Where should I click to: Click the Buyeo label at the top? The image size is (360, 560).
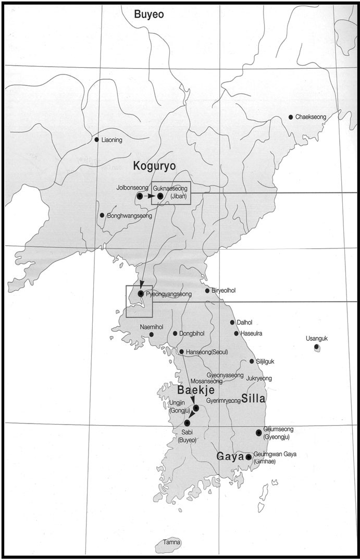click(x=149, y=15)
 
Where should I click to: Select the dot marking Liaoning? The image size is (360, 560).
click(x=96, y=140)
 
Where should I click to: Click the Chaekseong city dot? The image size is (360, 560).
click(x=291, y=117)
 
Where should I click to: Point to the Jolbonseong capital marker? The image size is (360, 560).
click(x=140, y=196)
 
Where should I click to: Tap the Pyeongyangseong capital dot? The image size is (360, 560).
click(x=141, y=294)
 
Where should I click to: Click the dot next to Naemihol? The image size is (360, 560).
click(x=151, y=334)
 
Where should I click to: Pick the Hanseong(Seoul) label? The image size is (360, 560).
click(x=207, y=352)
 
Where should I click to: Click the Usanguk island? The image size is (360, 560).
click(x=317, y=347)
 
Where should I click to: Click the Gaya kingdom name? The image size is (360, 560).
click(x=230, y=456)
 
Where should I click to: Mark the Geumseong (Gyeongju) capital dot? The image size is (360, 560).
click(x=258, y=432)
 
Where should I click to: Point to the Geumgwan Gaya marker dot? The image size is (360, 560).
click(x=249, y=457)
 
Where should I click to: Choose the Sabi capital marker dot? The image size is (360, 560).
click(x=187, y=423)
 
